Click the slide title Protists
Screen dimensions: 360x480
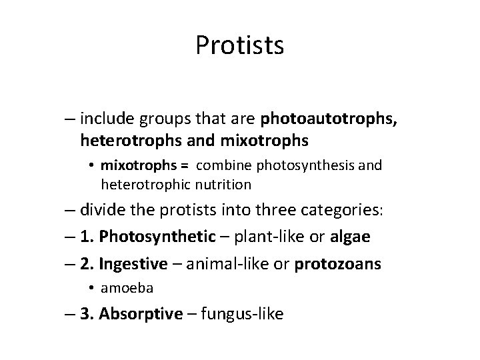point(240,45)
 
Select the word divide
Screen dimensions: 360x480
point(103,211)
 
